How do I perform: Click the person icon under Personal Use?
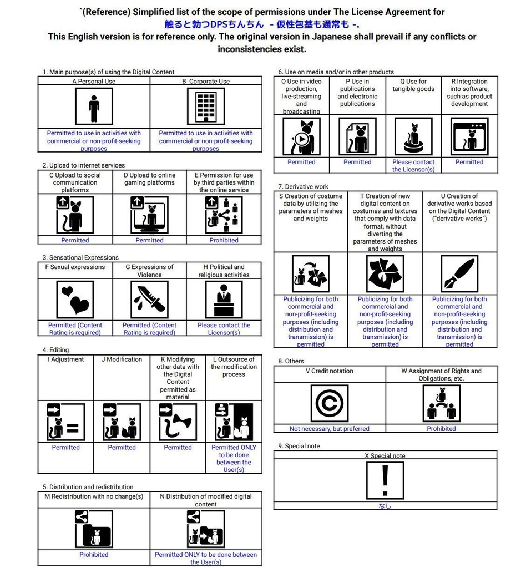[x=94, y=107]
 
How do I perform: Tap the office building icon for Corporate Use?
[x=206, y=107]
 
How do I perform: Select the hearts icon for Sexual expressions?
[x=75, y=300]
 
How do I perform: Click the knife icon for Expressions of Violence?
[x=149, y=300]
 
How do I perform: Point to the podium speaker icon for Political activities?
[x=224, y=300]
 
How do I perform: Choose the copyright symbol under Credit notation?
[x=330, y=403]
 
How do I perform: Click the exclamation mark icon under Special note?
[x=385, y=481]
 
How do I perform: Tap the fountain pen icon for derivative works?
[x=459, y=273]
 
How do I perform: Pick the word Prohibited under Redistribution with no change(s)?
[x=94, y=555]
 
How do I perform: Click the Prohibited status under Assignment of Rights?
[x=441, y=429]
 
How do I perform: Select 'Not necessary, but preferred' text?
[x=330, y=429]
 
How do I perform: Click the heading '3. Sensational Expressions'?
[x=80, y=257]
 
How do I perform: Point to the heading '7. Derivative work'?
[x=303, y=186]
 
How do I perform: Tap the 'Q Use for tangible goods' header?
[x=413, y=85]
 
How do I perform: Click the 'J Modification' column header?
[x=122, y=359]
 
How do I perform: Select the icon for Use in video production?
[x=301, y=136]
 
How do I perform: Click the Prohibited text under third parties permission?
[x=224, y=240]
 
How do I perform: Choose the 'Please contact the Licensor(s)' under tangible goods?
[x=413, y=165]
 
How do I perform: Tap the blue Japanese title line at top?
[x=262, y=24]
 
